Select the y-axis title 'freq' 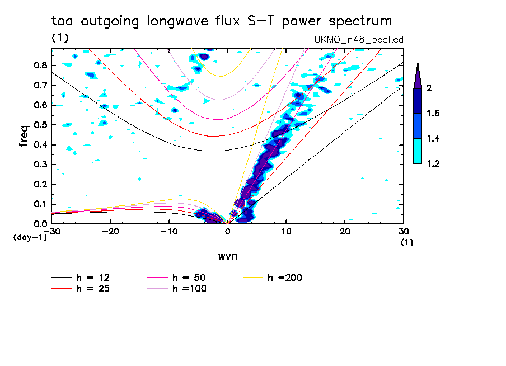coord(24,136)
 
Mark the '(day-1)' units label coord(30,237)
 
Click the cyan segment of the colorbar coord(418,151)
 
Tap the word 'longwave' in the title coord(176,21)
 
